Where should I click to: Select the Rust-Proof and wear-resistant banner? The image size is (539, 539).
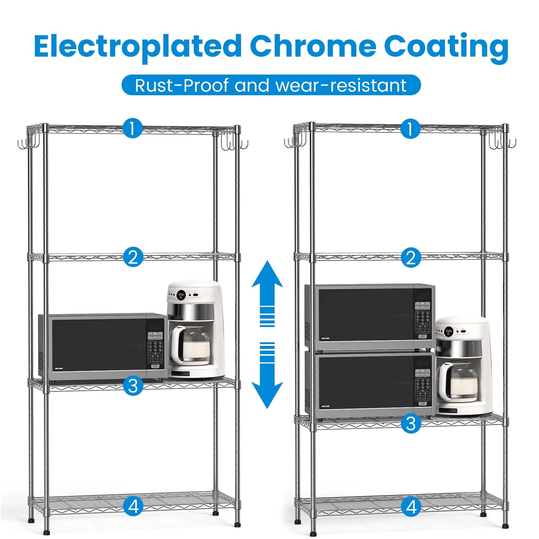[271, 85]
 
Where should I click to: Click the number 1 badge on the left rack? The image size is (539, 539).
[132, 128]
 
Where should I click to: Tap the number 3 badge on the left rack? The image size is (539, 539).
[133, 386]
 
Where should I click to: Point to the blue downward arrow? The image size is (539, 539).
[267, 375]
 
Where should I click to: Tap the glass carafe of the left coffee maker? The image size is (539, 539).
[191, 345]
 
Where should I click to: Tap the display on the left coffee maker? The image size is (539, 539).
[182, 295]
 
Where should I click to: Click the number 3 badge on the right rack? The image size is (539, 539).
[410, 423]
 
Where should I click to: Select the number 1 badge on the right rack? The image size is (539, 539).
[410, 128]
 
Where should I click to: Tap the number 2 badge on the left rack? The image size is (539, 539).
[133, 257]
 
